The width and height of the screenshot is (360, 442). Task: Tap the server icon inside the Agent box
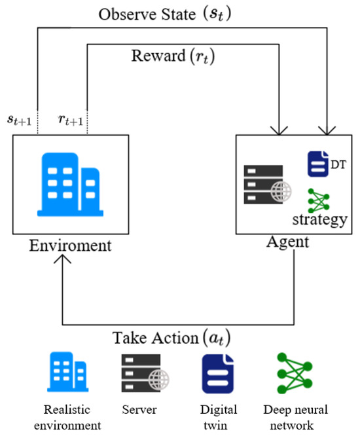coord(268,184)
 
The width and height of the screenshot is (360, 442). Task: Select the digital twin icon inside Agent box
coord(317,163)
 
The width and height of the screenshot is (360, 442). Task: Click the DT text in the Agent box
coord(337,165)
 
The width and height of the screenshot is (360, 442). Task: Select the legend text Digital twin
coord(219,418)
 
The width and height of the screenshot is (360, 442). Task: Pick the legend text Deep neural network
coord(295,418)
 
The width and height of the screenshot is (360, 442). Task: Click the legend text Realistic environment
coord(73,418)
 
